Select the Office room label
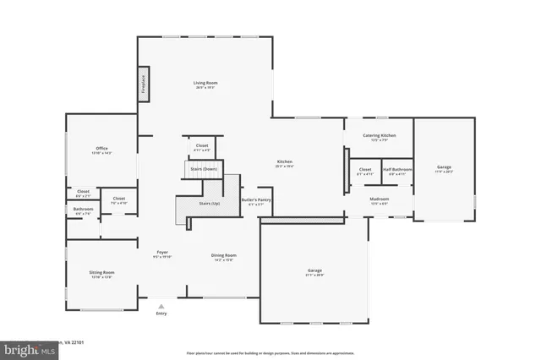click(101, 149)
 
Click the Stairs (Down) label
click(203, 169)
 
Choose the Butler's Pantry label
click(254, 199)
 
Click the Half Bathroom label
click(397, 169)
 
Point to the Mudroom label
click(379, 199)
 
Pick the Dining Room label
click(223, 254)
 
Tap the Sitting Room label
click(101, 272)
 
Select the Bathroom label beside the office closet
click(83, 209)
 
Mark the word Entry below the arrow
click(161, 314)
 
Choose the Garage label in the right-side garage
click(444, 167)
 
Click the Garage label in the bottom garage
click(314, 270)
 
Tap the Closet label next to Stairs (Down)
click(202, 145)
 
